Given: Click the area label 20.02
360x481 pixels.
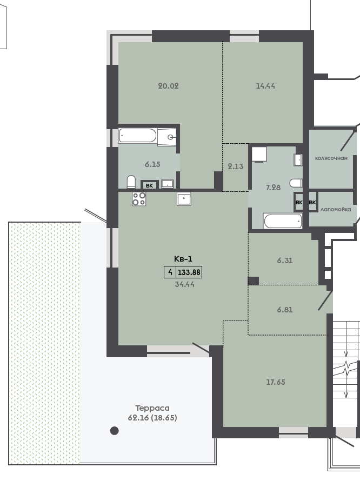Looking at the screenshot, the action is click(x=168, y=86).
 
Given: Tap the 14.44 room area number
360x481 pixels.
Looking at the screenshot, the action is click(x=265, y=86).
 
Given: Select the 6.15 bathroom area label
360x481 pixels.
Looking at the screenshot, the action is click(x=152, y=164).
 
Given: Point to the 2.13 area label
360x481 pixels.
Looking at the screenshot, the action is click(x=235, y=166).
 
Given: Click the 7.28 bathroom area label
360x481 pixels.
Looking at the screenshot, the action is click(x=273, y=188).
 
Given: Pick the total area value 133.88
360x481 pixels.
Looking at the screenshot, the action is click(x=189, y=272).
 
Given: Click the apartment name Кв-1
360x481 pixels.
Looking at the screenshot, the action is click(x=183, y=259).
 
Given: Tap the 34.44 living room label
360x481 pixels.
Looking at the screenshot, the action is click(x=184, y=284).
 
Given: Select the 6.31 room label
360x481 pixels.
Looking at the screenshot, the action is click(x=285, y=260).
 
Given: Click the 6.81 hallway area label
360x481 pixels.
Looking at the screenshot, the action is click(x=285, y=310).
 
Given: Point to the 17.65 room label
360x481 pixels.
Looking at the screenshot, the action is click(x=276, y=382).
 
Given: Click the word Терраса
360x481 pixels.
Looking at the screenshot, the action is click(x=152, y=408).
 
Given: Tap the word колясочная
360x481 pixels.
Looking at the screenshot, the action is click(x=331, y=158).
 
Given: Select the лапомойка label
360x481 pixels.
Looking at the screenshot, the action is click(x=336, y=210).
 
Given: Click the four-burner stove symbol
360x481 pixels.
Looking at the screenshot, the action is click(x=139, y=199).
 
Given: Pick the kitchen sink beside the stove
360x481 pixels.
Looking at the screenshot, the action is click(x=184, y=199).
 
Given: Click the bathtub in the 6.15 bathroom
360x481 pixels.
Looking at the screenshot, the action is click(x=138, y=136).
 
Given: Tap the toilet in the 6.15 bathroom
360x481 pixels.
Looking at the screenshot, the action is click(x=131, y=182).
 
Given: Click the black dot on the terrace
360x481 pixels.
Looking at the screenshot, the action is click(x=115, y=431).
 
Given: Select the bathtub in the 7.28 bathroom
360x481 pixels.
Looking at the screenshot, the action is click(x=283, y=221).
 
